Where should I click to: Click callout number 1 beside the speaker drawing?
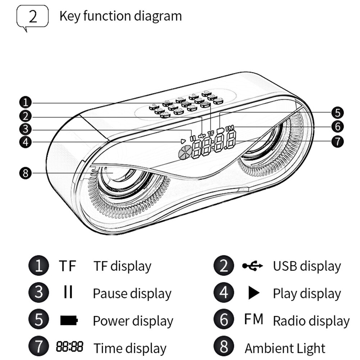pos(26,103)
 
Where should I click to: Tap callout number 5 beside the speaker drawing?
pos(337,113)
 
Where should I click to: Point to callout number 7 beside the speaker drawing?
pos(337,141)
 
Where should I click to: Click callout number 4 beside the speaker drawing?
pos(26,142)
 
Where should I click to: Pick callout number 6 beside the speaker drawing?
pos(337,127)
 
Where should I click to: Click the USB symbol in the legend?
pos(252,266)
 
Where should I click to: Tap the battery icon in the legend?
pos(69,320)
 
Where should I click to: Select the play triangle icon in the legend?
pos(254,293)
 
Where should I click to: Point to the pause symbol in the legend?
pos(68,292)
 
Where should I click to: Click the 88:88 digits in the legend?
pos(69,347)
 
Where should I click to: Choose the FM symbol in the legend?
pos(254,319)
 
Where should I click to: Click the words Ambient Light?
pos(285,348)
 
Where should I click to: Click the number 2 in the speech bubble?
pos(32,17)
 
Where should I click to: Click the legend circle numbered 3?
pos(38,293)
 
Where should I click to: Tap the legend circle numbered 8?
pos(224,347)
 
